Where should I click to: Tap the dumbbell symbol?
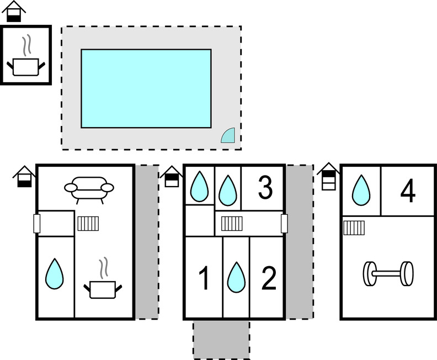(x=388, y=273)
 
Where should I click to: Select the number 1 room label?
(x=204, y=279)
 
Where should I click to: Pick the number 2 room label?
(x=268, y=279)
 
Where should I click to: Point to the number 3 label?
(x=265, y=188)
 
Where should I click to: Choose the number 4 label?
(x=408, y=191)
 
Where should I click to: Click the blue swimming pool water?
(x=146, y=88)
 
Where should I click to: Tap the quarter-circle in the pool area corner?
(x=229, y=136)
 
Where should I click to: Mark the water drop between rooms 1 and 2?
(x=236, y=277)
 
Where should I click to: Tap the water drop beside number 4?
(x=361, y=190)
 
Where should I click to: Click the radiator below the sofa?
(x=88, y=223)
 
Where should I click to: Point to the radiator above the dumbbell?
(x=353, y=227)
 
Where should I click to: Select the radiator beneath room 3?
(x=232, y=223)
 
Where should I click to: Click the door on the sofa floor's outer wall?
(x=37, y=224)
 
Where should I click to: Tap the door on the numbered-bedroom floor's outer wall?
(x=284, y=224)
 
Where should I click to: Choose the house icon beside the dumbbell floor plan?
(x=328, y=176)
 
